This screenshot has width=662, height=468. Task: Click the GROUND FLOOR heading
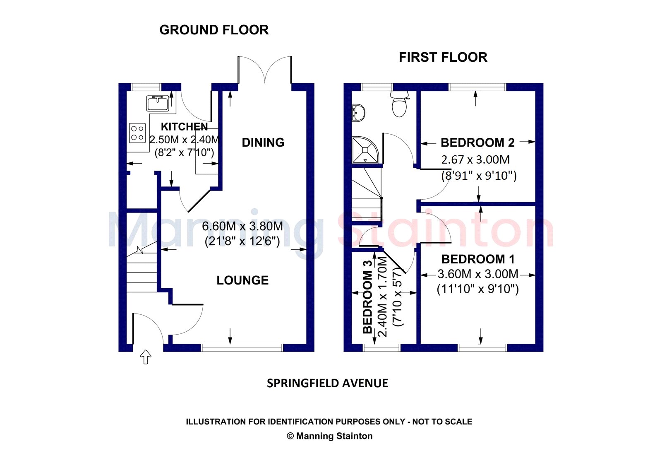point(214,30)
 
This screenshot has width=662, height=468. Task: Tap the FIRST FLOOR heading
point(443,57)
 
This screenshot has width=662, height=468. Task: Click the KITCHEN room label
point(185,127)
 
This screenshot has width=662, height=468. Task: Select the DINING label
point(263,142)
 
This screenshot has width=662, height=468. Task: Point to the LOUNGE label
point(242,280)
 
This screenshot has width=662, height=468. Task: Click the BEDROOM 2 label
point(477,142)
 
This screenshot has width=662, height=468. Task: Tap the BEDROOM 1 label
point(478,259)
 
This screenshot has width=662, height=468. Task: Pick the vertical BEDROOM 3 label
point(367,297)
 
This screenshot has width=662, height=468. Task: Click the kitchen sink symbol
point(158,103)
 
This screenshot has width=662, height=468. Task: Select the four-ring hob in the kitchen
point(137,133)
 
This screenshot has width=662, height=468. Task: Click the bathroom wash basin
point(358,113)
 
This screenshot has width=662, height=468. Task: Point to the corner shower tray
point(365,150)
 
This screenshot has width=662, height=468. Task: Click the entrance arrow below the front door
point(145,357)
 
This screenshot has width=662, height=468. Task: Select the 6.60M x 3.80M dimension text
point(242,226)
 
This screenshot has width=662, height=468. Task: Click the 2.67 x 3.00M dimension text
point(475,160)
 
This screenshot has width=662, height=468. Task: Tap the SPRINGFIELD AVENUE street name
point(327,384)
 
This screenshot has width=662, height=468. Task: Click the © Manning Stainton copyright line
point(330,436)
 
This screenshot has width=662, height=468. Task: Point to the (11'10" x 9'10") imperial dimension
point(477,289)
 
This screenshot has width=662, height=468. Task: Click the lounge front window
point(242,347)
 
